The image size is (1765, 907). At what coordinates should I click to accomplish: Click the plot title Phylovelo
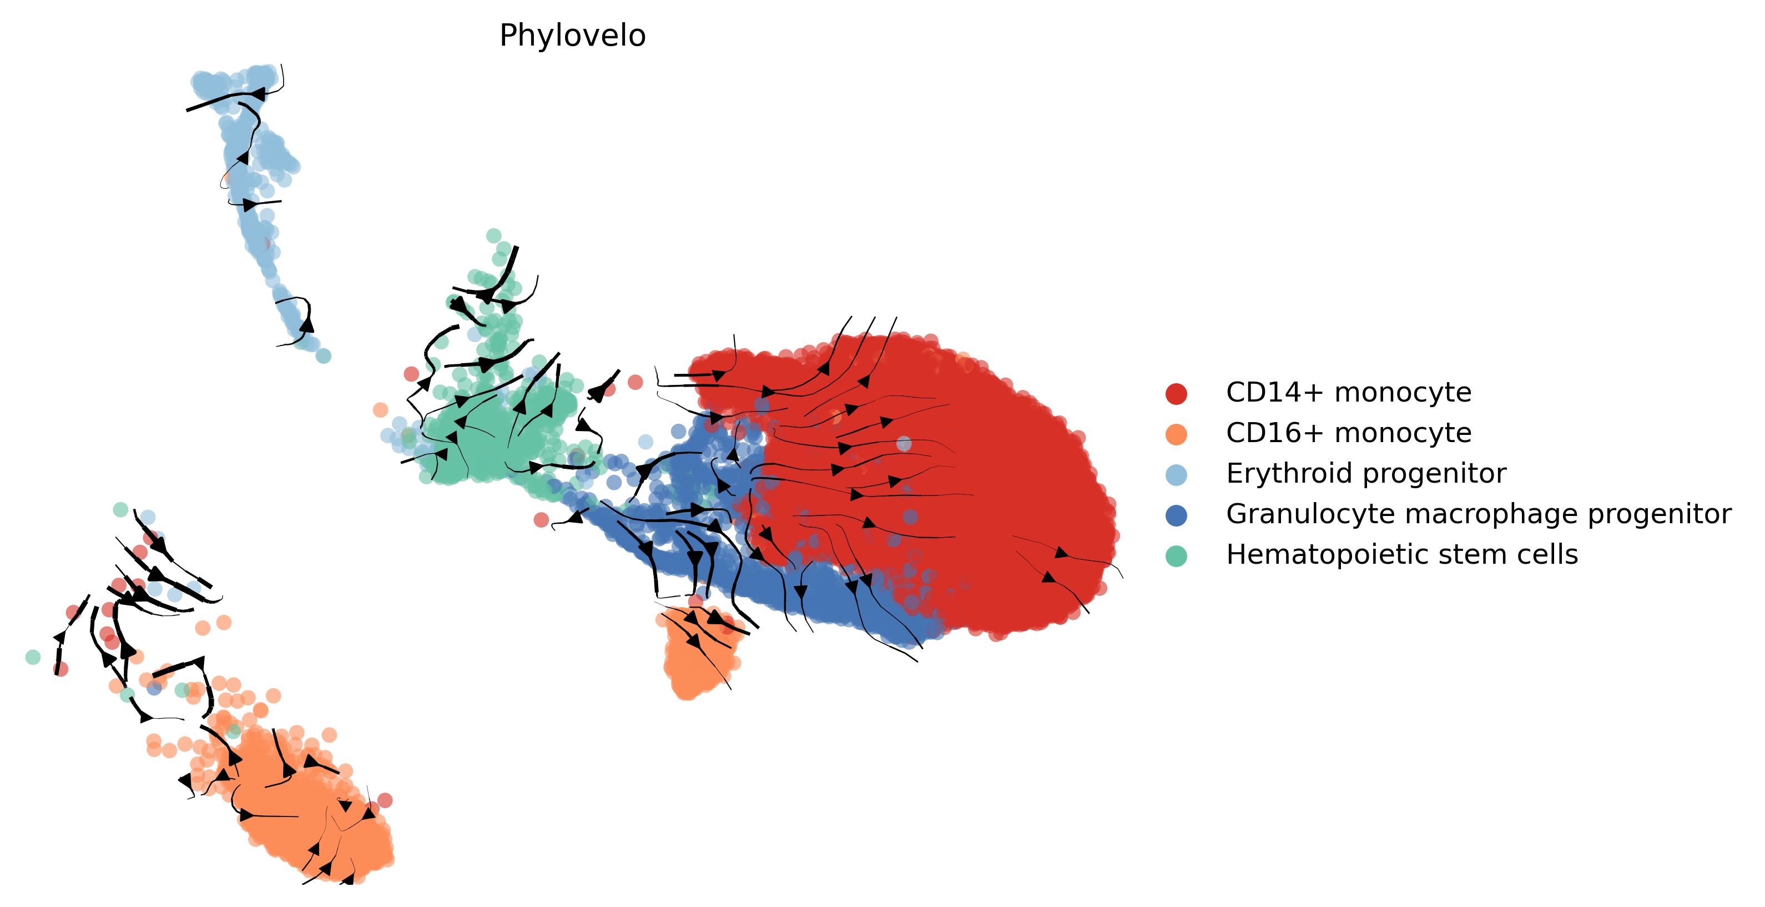point(572,36)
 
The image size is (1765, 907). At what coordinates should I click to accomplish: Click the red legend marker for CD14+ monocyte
point(1176,393)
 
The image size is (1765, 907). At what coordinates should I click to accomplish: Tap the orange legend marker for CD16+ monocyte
point(1176,434)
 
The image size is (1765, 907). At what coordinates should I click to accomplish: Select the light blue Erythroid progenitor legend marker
point(1176,474)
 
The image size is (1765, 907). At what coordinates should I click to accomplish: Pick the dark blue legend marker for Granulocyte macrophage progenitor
point(1176,515)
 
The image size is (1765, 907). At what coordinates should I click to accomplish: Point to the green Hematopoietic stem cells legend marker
point(1176,555)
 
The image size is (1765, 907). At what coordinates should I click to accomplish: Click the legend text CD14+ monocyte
point(1348,393)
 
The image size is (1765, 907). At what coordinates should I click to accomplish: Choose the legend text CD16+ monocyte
point(1348,433)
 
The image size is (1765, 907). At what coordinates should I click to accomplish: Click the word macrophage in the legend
point(1461,514)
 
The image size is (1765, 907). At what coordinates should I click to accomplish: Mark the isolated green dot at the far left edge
point(33,657)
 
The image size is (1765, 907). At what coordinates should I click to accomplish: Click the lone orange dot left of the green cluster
point(380,410)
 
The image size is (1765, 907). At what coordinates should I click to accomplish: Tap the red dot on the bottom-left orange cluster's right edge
point(385,800)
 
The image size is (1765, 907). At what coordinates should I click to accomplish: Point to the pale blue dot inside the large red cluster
point(904,444)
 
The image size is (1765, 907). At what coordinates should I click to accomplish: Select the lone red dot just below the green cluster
point(541,520)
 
